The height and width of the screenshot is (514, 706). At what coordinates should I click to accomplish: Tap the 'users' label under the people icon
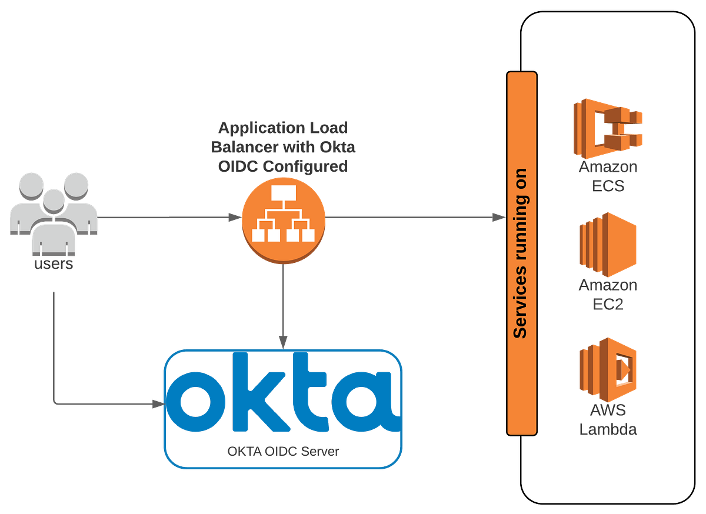pos(54,264)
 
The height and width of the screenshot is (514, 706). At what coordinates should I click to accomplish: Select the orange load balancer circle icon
pos(284,218)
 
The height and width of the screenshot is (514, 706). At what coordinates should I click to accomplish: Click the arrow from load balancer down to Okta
pos(284,306)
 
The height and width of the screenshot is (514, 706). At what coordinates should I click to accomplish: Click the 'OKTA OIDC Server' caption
pos(284,452)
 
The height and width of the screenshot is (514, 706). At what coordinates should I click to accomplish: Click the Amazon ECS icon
pos(608,127)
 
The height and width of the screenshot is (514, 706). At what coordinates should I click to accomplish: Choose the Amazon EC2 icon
pos(608,245)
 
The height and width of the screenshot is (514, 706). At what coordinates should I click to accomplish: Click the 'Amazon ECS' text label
pos(608,176)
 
